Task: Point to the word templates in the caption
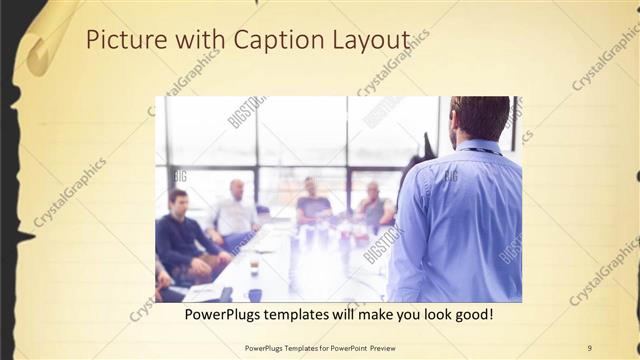click(x=315, y=315)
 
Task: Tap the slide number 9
click(x=589, y=347)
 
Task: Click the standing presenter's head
click(x=479, y=118)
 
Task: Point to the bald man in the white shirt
click(x=236, y=210)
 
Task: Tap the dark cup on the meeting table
click(x=255, y=294)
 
